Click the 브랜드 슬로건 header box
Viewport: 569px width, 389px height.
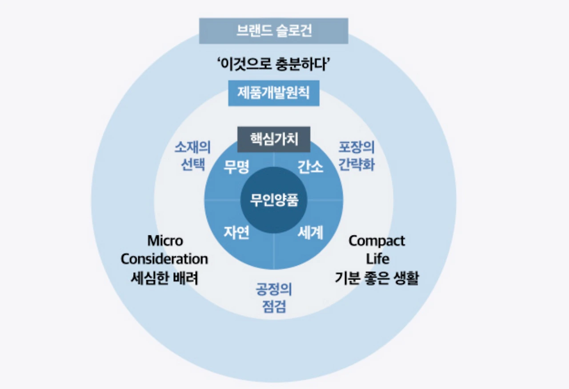(273, 31)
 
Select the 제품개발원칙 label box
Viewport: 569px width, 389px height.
(273, 93)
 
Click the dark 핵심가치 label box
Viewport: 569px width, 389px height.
(273, 140)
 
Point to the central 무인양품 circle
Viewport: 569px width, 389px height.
(273, 200)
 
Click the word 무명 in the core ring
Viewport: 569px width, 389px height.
(236, 168)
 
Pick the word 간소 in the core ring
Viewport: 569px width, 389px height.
(310, 168)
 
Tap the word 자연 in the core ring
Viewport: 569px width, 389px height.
(236, 232)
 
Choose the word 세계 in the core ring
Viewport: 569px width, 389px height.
(310, 232)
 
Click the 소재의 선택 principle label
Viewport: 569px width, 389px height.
(192, 156)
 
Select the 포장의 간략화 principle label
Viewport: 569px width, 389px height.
(357, 156)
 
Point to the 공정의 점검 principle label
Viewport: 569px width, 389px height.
(273, 298)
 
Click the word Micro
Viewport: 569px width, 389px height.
(165, 241)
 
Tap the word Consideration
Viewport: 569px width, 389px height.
(164, 259)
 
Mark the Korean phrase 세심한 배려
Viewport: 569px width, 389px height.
(164, 278)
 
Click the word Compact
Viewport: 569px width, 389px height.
(377, 241)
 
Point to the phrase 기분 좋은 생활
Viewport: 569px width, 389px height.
(377, 278)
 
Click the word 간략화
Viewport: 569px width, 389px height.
(357, 165)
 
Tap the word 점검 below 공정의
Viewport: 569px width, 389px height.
(273, 307)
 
